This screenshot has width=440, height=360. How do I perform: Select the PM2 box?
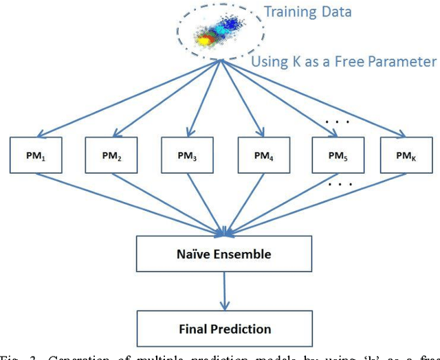click(112, 157)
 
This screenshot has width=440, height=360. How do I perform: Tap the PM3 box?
click(187, 157)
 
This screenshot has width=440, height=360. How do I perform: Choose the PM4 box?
click(263, 157)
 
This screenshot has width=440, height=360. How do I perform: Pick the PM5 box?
click(338, 157)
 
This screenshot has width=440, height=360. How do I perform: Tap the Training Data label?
click(309, 12)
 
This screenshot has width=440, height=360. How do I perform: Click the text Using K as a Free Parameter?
click(343, 62)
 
